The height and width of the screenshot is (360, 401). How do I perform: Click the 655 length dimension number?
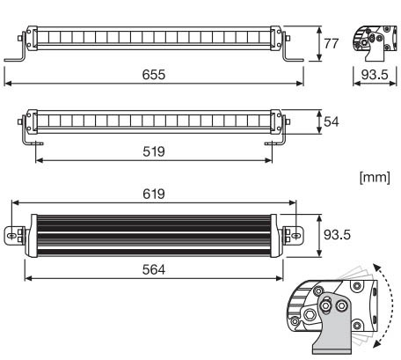154,75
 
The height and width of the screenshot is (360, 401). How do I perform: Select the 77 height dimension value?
332,43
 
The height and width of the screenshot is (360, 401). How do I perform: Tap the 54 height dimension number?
332,121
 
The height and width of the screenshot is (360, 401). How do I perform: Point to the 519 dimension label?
154,151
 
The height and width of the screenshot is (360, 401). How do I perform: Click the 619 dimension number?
154,194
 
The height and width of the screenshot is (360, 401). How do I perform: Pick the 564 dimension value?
154,269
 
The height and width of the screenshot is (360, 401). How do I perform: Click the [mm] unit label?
375,177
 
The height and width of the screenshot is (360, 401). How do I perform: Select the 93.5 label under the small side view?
375,75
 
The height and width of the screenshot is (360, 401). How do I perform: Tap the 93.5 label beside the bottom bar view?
337,235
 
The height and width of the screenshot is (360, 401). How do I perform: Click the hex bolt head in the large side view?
309,315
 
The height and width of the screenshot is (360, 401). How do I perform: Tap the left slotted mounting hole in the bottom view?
11,236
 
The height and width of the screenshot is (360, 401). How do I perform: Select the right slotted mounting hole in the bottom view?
296,236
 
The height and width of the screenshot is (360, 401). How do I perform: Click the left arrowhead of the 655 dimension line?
8,84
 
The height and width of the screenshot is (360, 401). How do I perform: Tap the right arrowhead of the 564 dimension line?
280,278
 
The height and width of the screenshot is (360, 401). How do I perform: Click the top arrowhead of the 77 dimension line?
319,30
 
